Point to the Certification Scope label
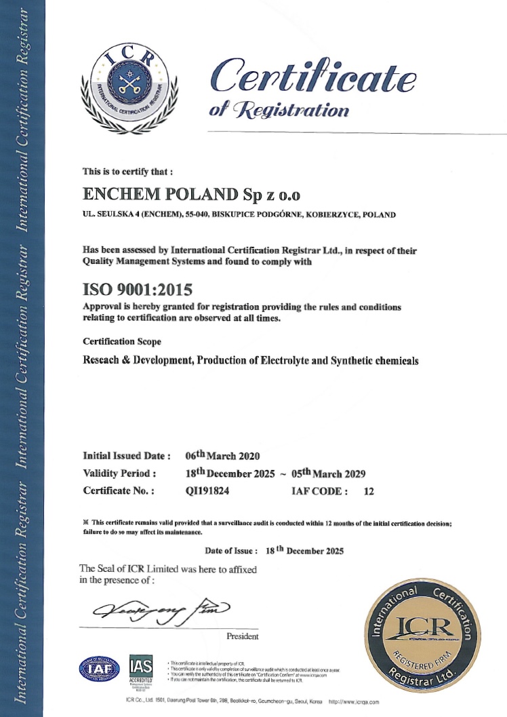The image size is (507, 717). tap(122, 341)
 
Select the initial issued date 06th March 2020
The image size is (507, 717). tap(223, 455)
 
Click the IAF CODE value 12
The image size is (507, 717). tap(369, 490)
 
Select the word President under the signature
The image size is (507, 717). tap(243, 636)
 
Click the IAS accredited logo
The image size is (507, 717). tap(141, 670)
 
